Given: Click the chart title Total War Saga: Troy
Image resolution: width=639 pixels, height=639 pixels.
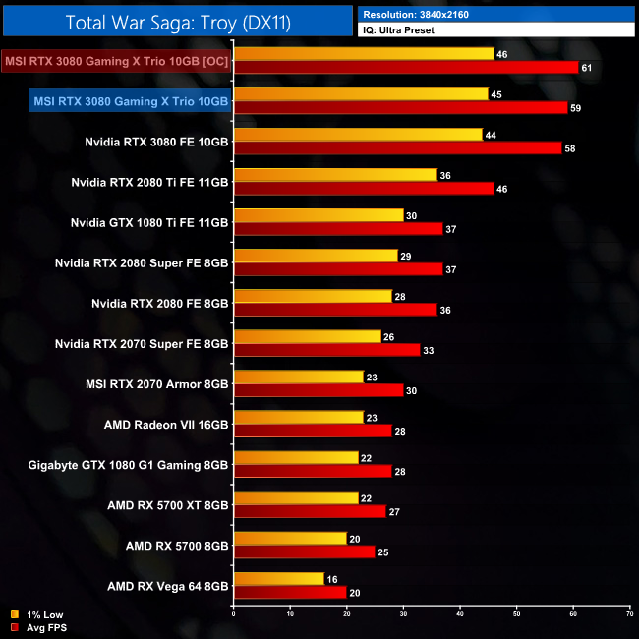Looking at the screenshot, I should point(176,21).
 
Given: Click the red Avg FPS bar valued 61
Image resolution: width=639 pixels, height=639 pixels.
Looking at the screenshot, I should point(406,67).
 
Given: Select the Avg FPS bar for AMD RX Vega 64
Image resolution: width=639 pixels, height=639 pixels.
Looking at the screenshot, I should point(290,593).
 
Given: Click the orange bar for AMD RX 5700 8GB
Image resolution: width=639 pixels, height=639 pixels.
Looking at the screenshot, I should point(290,539).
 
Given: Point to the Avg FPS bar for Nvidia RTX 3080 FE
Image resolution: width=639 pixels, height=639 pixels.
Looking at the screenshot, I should point(397,147).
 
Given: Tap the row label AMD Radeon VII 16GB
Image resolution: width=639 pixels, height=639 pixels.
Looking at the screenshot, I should point(166,424).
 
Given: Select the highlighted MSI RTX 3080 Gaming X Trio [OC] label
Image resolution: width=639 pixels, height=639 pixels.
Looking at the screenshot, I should point(116,60).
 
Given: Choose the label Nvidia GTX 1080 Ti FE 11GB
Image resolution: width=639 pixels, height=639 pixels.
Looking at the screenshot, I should point(149,222).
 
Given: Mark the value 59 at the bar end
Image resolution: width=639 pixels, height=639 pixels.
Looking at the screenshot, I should point(575,107).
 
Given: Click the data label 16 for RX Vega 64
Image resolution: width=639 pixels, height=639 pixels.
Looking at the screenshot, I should point(331,579).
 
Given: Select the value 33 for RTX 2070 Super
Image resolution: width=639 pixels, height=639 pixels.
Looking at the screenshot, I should point(428,349).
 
